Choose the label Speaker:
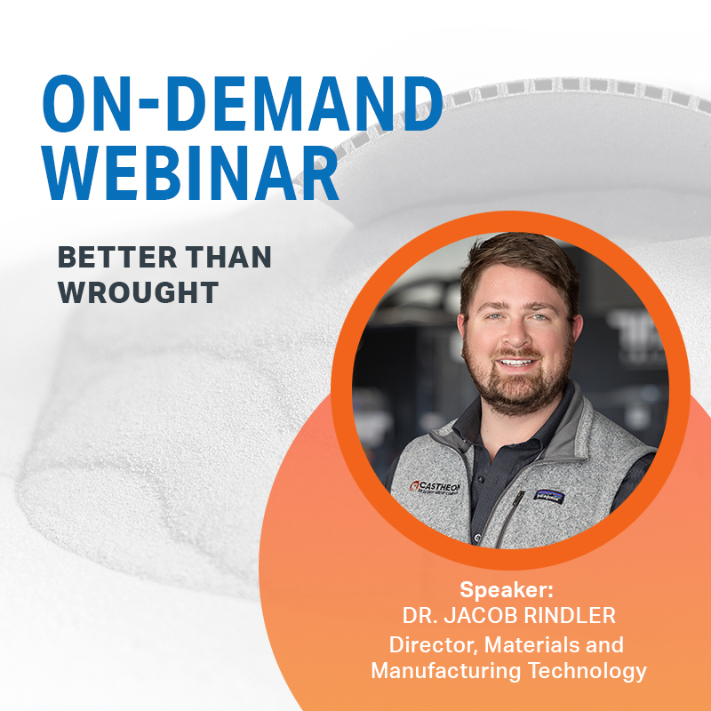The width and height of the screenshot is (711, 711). [507, 589]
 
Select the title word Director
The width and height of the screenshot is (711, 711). [427, 644]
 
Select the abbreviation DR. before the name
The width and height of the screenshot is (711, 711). [419, 616]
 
